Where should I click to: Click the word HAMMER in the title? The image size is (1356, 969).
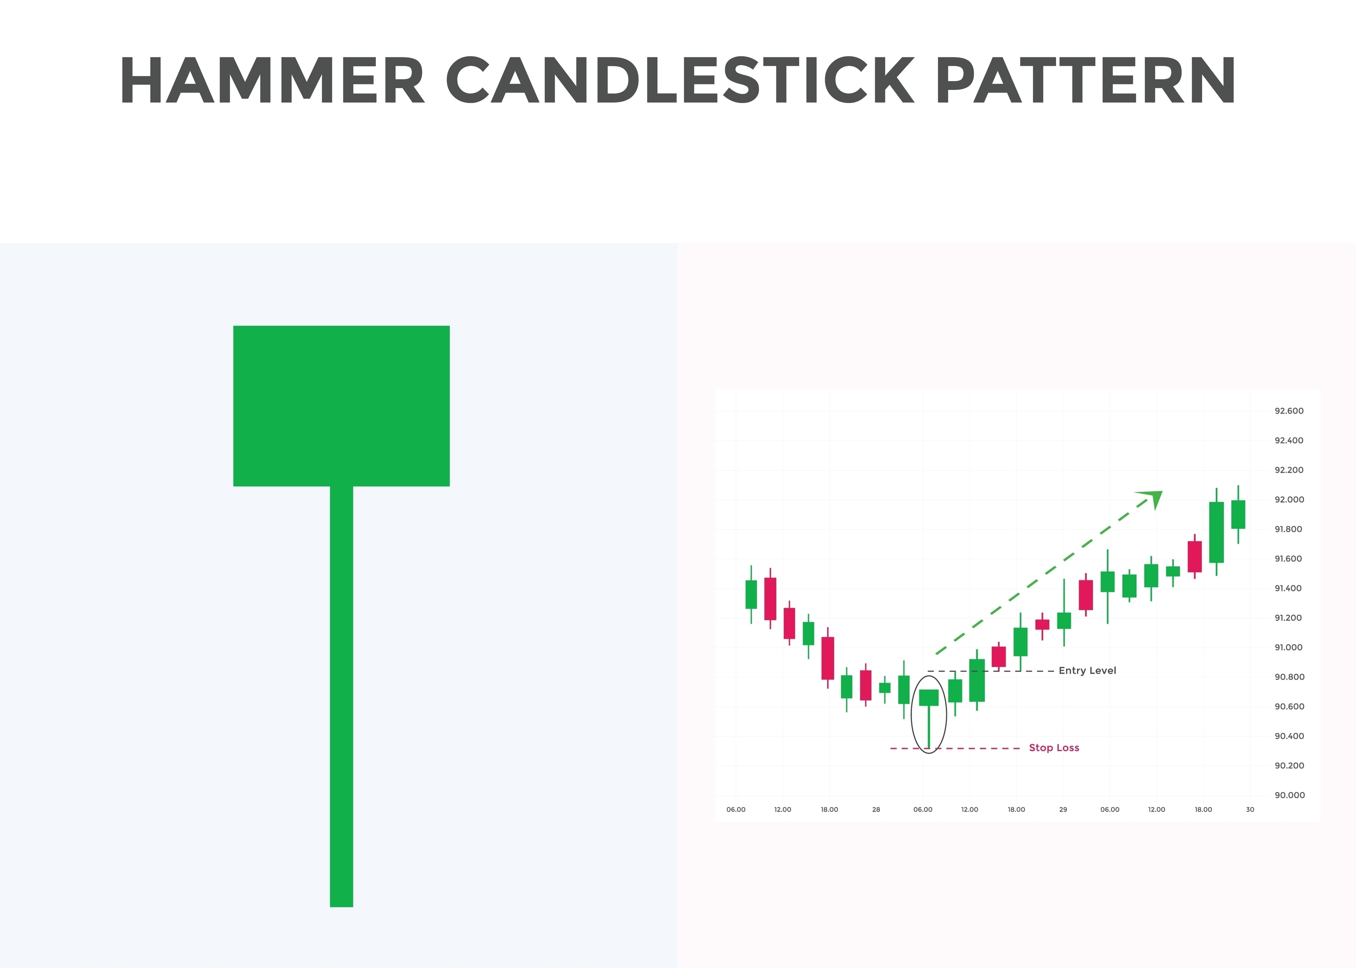tap(272, 81)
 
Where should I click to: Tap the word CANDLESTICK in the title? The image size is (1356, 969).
tap(680, 81)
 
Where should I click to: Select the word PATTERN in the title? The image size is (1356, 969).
tap(1085, 81)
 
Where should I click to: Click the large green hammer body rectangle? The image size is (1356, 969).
tap(341, 406)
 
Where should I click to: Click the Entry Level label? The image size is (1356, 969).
tap(1087, 671)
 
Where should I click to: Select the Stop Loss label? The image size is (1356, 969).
tap(1054, 748)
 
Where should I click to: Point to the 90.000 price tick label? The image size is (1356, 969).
tap(1289, 795)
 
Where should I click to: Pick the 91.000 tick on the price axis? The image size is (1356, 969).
tap(1289, 647)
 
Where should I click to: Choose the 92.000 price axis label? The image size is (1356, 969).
tap(1289, 499)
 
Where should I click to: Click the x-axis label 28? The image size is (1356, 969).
tap(876, 810)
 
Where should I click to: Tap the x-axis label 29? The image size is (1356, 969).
tap(1063, 810)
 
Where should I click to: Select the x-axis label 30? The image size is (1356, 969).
tap(1250, 810)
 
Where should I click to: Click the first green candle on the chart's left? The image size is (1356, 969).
tap(751, 594)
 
